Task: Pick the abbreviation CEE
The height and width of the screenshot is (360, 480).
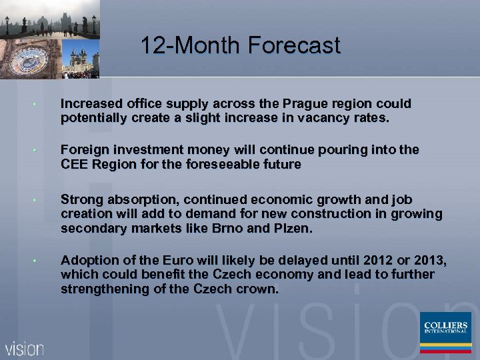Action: pyautogui.click(x=74, y=164)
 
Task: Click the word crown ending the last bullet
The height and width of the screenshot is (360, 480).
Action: pyautogui.click(x=257, y=289)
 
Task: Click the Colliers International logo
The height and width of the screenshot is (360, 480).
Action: pyautogui.click(x=445, y=332)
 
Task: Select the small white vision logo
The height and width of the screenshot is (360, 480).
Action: pyautogui.click(x=25, y=348)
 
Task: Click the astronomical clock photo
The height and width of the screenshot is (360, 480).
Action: pyautogui.click(x=30, y=60)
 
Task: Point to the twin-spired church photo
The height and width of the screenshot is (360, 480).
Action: pyautogui.click(x=80, y=57)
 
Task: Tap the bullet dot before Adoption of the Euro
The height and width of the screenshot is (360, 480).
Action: pyautogui.click(x=41, y=261)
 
